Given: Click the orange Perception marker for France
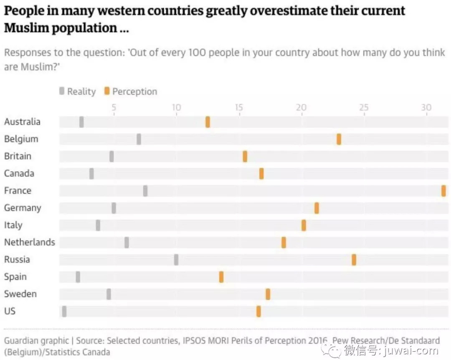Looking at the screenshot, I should click(443, 191).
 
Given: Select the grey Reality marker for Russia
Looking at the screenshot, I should click(176, 260).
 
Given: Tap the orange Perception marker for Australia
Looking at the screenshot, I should click(208, 122).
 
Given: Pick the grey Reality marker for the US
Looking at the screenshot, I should click(64, 311).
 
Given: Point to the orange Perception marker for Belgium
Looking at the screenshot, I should click(339, 139).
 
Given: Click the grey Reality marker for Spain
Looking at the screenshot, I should click(78, 277).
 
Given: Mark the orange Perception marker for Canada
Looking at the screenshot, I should click(261, 174).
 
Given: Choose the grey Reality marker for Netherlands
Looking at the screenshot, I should click(127, 243).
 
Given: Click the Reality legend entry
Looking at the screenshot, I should click(78, 91).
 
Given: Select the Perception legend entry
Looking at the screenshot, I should click(131, 91).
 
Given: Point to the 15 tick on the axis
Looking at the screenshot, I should click(239, 108).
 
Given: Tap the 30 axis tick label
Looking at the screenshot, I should click(426, 108).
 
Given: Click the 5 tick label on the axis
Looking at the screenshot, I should click(114, 108).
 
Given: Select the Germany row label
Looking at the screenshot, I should click(23, 208).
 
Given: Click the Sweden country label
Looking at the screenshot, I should click(20, 294).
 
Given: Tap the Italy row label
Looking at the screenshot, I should click(13, 225).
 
